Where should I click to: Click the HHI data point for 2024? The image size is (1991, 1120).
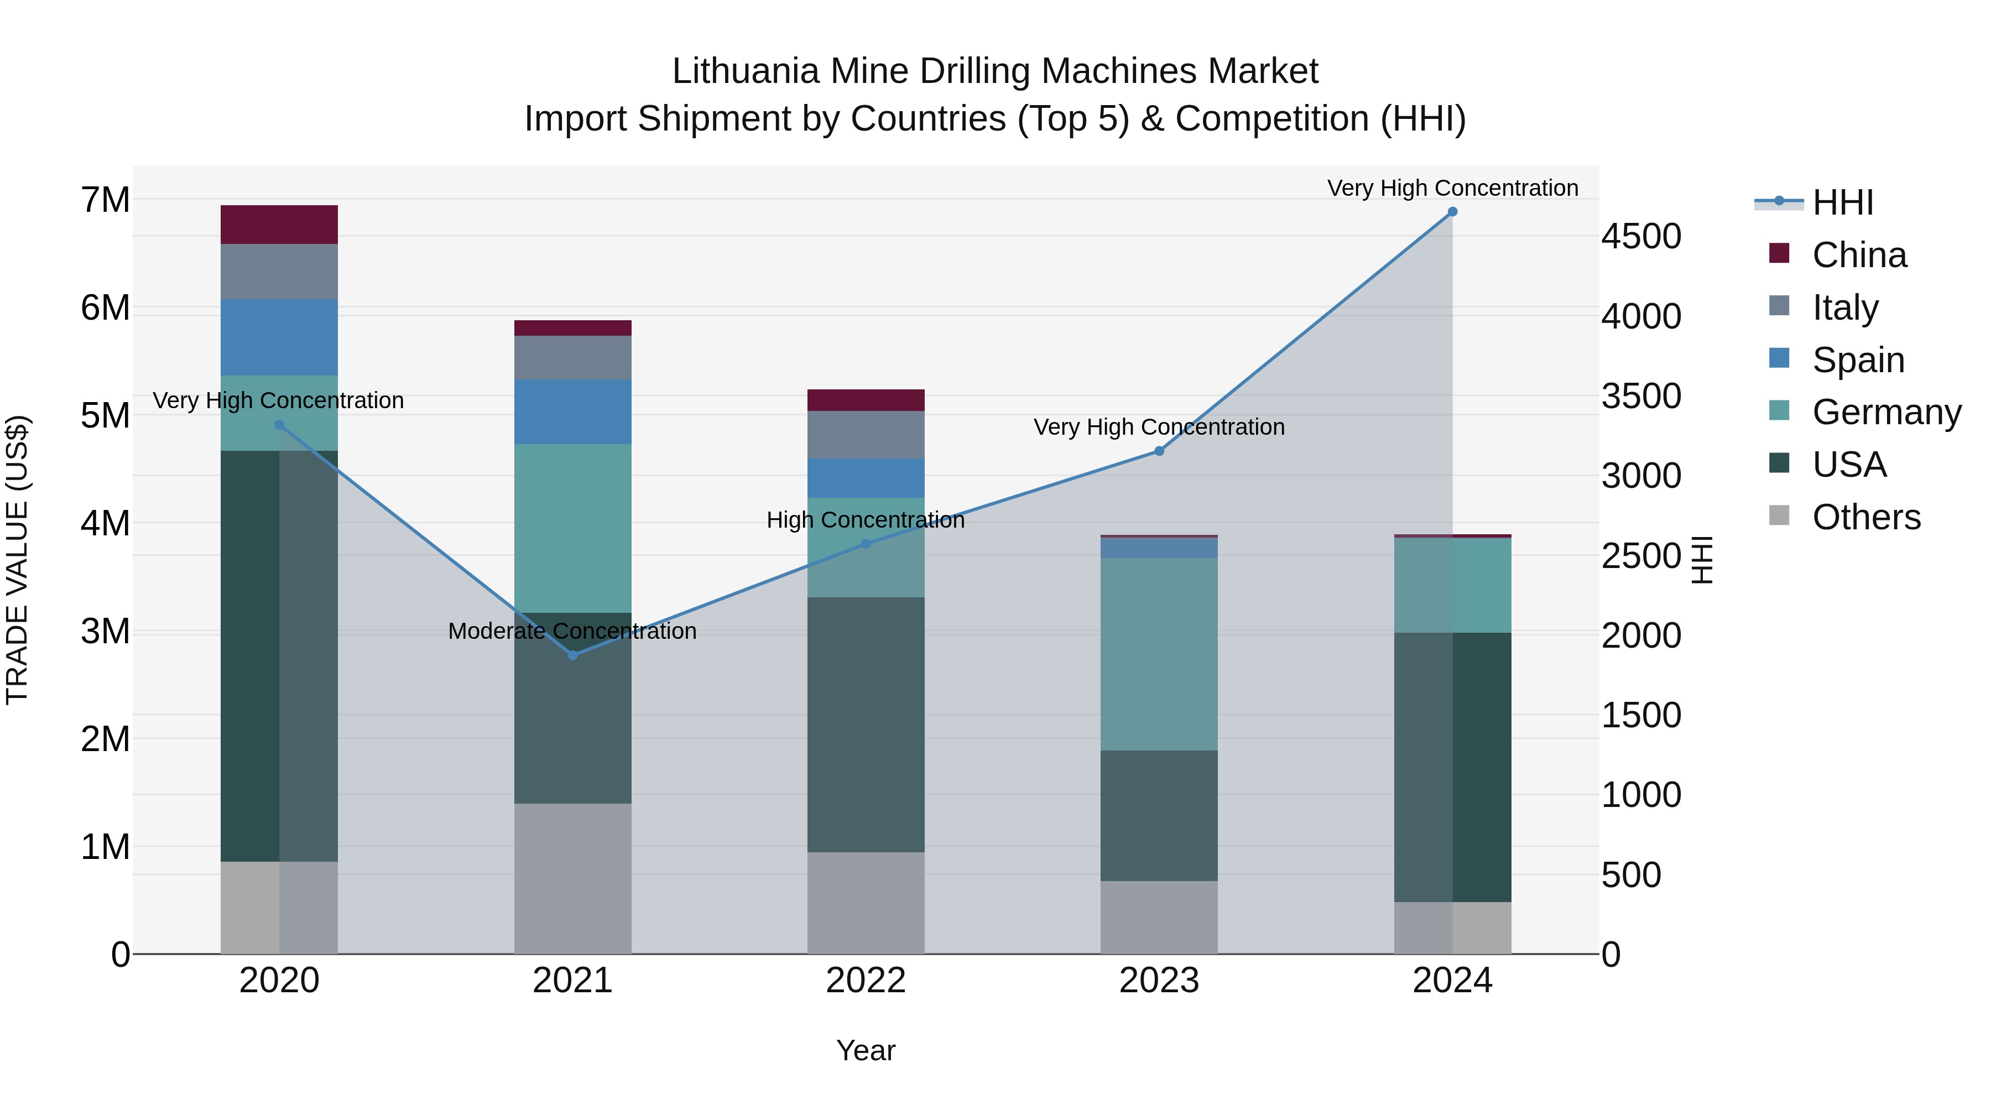[1452, 212]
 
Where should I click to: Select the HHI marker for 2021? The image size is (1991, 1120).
[573, 655]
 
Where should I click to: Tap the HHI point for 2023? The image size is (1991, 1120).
[1159, 451]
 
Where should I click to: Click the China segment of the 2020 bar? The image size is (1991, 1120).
[279, 225]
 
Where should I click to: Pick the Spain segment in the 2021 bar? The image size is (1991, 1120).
[573, 412]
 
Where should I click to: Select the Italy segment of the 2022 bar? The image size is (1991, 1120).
[866, 435]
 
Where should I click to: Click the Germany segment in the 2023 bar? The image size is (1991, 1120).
[1159, 654]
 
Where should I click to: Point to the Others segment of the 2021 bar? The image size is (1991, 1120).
[573, 878]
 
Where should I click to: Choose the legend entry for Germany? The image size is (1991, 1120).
[1886, 412]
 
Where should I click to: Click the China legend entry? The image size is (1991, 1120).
[1859, 255]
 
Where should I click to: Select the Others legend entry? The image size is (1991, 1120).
[1866, 517]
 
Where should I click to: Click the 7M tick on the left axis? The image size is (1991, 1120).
[106, 200]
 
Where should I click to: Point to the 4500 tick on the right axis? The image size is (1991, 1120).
[1641, 237]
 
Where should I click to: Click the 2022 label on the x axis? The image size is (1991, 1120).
[866, 981]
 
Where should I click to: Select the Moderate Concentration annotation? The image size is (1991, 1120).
[572, 632]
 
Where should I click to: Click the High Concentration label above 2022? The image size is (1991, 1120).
[866, 520]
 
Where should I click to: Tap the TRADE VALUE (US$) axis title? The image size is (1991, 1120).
[18, 560]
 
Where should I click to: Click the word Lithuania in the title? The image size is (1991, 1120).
[745, 71]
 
